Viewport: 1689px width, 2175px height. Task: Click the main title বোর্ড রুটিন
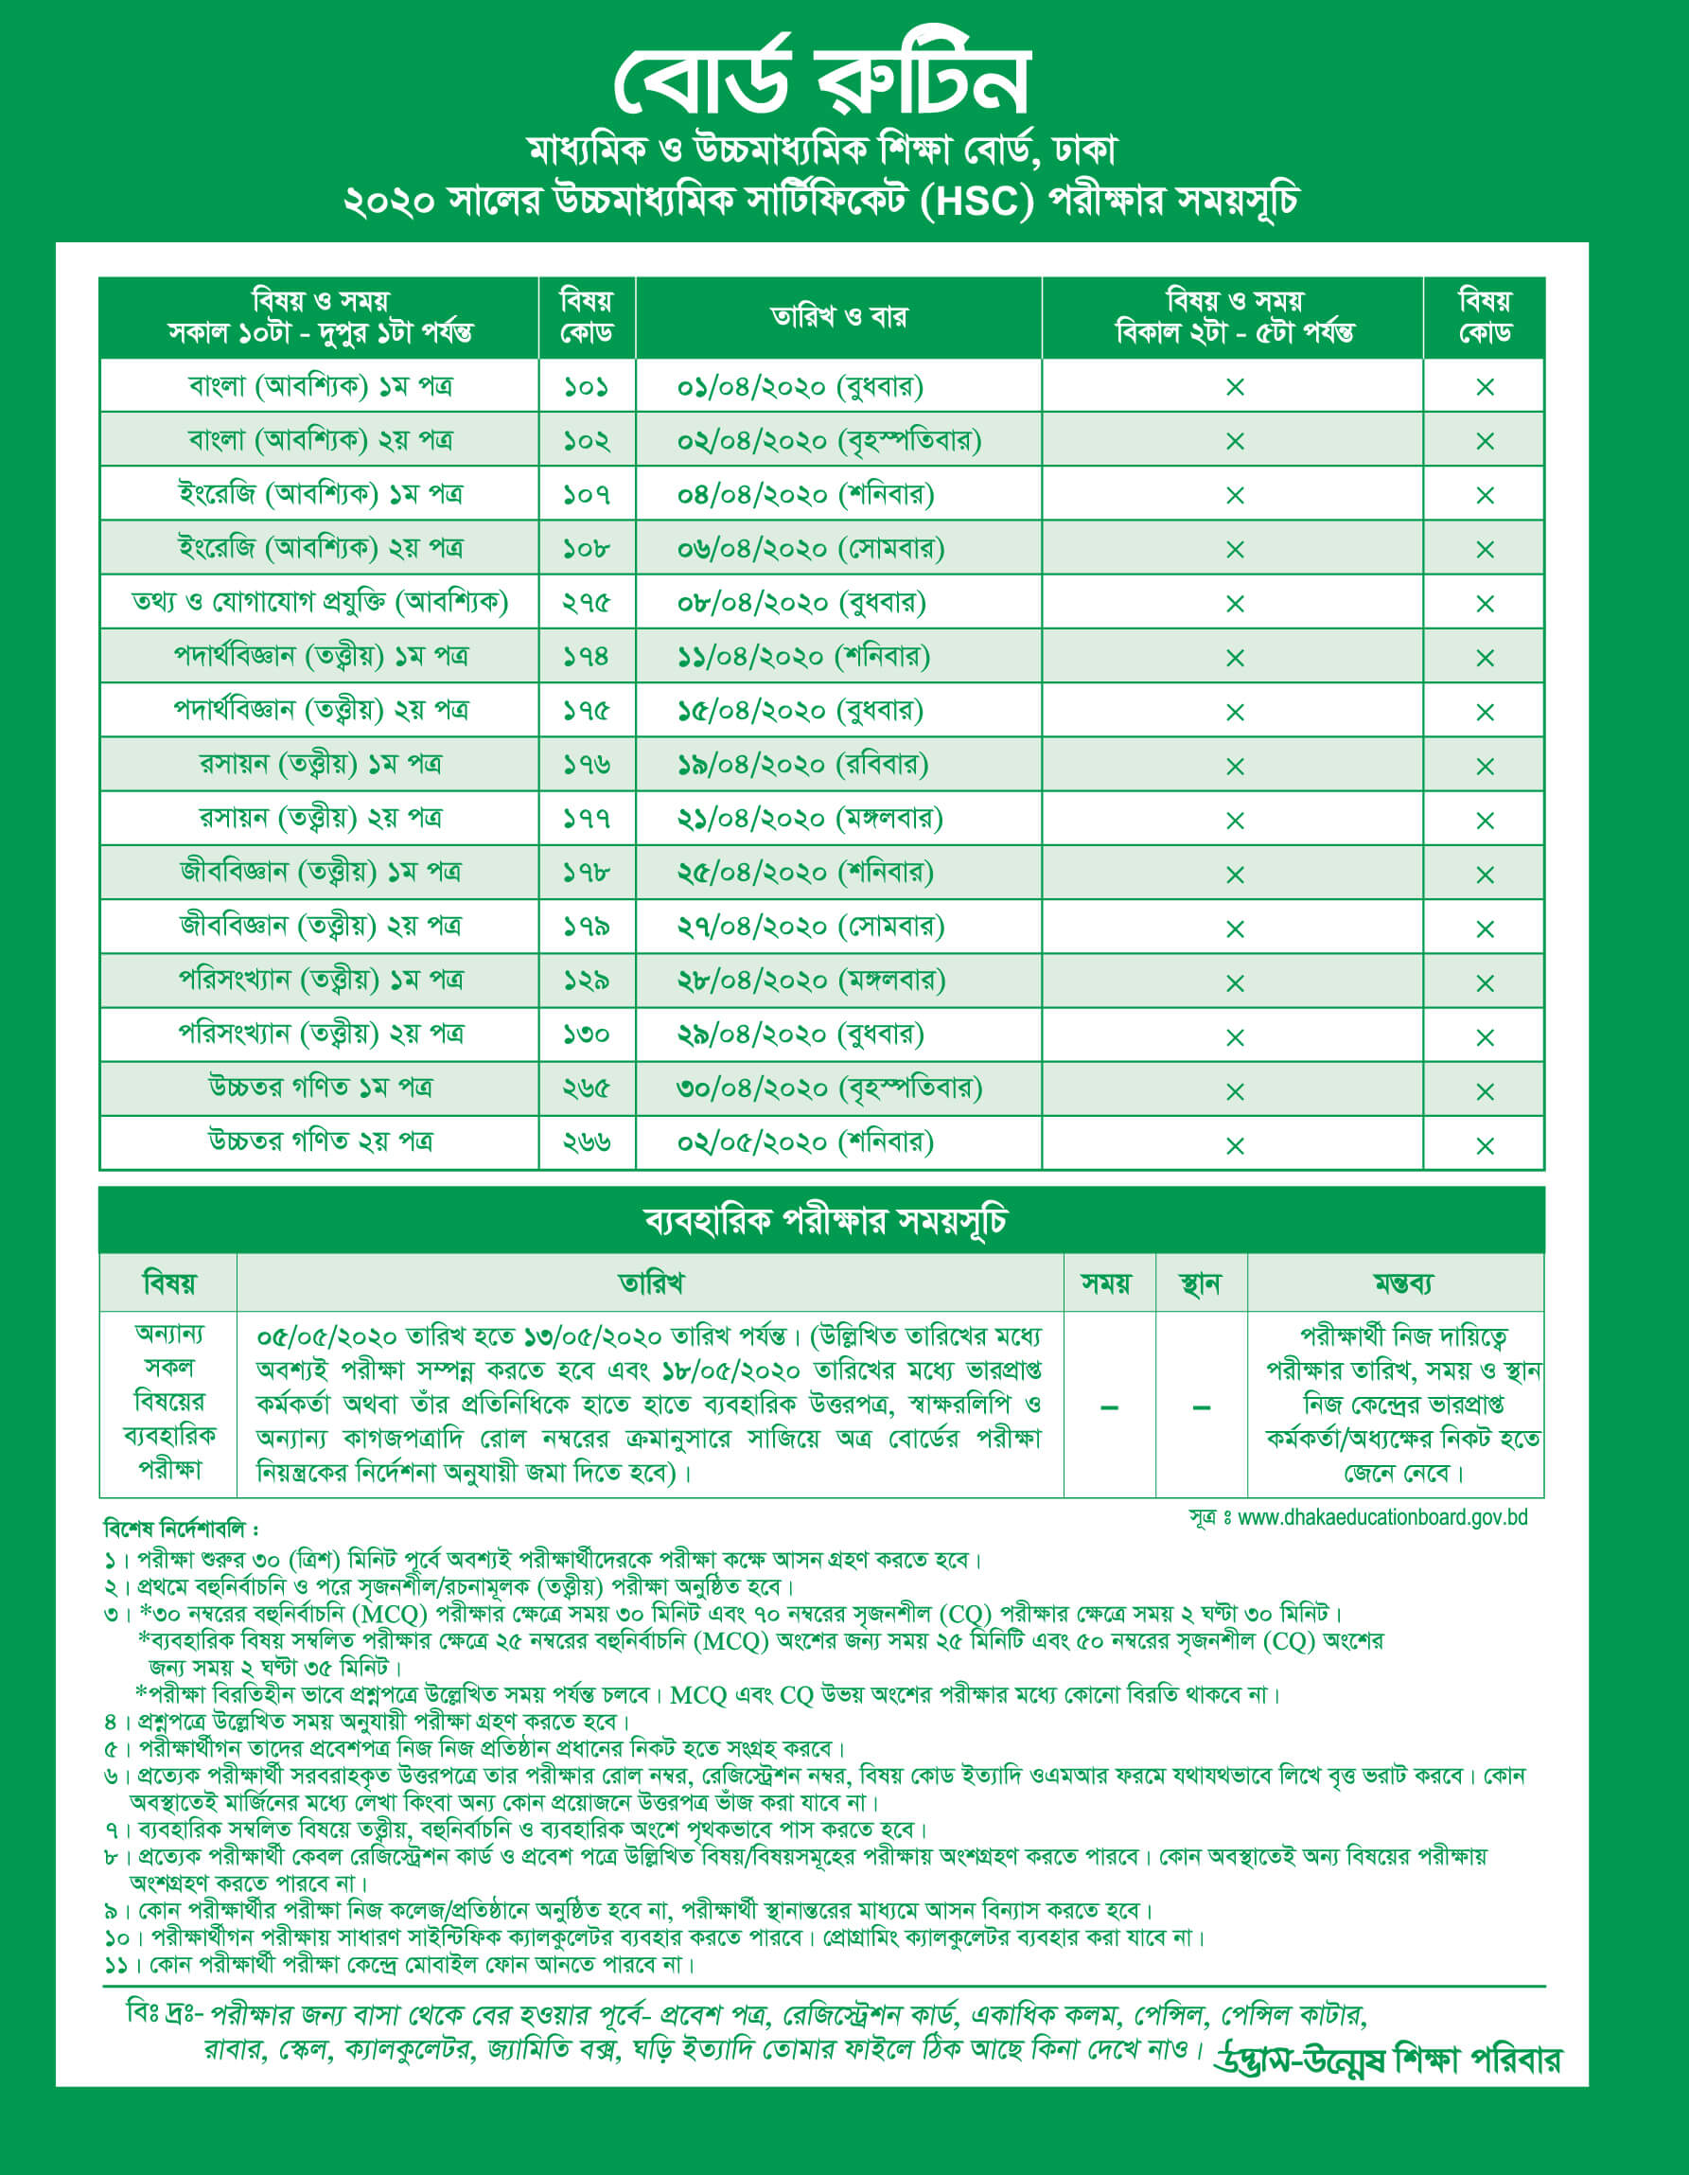pos(820,78)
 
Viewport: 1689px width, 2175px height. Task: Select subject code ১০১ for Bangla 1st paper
pos(586,386)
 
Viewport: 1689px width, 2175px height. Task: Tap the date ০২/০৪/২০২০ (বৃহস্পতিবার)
pos(829,440)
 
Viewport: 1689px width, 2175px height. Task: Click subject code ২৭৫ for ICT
pos(586,603)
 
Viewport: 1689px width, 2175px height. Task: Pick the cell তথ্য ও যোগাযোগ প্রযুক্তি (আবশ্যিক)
pos(320,602)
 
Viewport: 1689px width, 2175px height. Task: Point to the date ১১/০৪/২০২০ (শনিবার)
pos(803,657)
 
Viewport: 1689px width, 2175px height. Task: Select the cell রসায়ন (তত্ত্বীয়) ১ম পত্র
pos(320,764)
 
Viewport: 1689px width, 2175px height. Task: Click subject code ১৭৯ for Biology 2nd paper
pos(586,928)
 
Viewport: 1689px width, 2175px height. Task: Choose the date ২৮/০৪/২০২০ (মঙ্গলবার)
pos(811,981)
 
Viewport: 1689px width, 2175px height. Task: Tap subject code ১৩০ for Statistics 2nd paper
pos(586,1034)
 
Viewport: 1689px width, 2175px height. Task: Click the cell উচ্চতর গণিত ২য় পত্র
pos(320,1141)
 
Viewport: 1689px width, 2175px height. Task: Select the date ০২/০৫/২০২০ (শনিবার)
pos(804,1142)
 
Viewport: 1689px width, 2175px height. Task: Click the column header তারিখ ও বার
pos(838,317)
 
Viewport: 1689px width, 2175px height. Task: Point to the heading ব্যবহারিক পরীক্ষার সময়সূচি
pos(824,1220)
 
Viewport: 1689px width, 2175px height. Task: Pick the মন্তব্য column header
pos(1402,1283)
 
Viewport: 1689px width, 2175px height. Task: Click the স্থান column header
pos(1200,1283)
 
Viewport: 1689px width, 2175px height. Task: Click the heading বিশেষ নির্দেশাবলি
pos(180,1528)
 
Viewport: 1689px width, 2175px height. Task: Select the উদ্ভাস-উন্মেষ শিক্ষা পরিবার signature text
pos(1386,2059)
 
